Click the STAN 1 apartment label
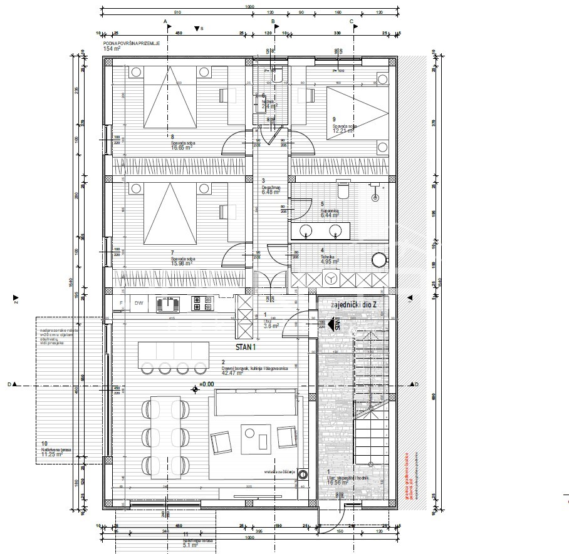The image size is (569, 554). (x=246, y=346)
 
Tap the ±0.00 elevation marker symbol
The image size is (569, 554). (x=196, y=389)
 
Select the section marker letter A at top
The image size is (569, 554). (x=166, y=21)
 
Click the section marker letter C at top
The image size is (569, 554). (x=352, y=21)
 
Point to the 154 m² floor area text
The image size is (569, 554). (x=112, y=48)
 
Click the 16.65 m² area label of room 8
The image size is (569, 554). (x=182, y=149)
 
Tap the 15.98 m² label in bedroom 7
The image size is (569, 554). (x=181, y=262)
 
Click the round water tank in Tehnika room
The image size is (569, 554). (x=379, y=260)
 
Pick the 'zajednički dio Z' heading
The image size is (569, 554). (x=350, y=304)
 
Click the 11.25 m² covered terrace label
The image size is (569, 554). (x=51, y=455)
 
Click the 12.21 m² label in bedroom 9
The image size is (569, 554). (x=343, y=131)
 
